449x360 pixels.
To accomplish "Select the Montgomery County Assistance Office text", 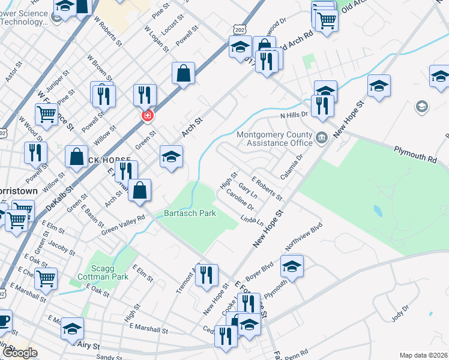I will [275, 139].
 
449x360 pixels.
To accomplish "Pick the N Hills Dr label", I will [294, 113].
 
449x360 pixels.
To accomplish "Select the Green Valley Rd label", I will [124, 226].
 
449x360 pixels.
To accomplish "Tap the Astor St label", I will [13, 71].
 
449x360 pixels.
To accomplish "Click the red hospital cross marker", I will [145, 115].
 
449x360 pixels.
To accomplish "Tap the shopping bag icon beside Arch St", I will [184, 73].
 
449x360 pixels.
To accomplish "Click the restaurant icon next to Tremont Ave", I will [206, 275].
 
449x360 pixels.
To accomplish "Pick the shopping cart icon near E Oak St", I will [46, 278].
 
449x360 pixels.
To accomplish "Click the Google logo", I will [20, 353].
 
